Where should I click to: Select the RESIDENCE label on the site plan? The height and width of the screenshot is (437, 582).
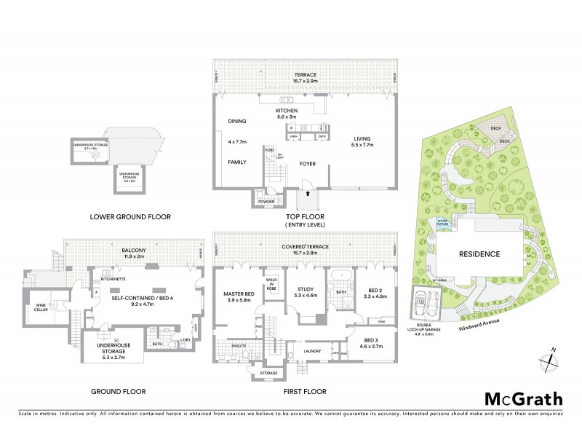[x=479, y=254]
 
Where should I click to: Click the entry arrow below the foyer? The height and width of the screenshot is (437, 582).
[x=308, y=194]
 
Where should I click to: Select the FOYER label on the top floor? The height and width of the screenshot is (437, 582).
[x=307, y=164]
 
